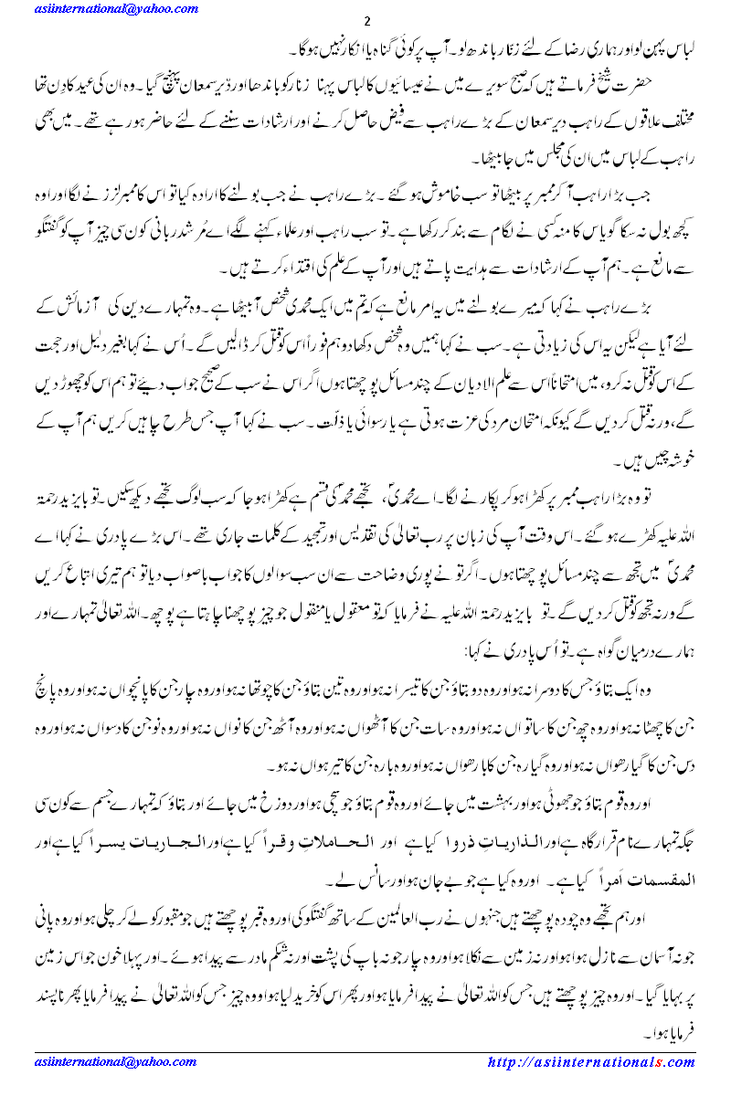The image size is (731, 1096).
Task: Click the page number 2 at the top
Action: pyautogui.click(x=366, y=21)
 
